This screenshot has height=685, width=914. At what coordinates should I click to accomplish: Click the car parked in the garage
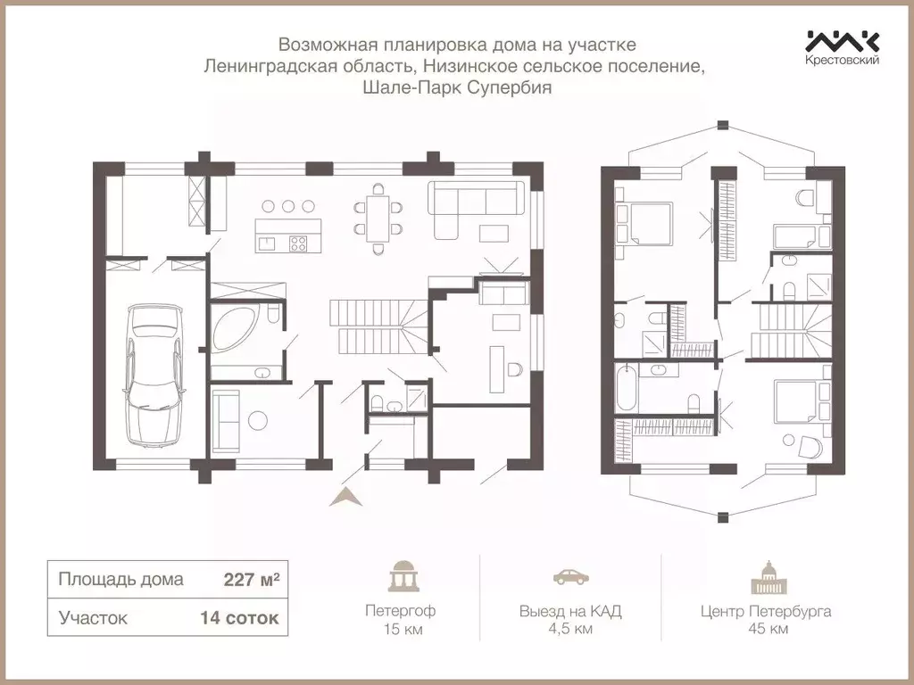154,374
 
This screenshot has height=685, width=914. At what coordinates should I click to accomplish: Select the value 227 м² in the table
251,580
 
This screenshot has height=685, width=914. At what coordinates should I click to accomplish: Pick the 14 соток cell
239,617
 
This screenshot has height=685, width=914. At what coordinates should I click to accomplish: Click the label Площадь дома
120,580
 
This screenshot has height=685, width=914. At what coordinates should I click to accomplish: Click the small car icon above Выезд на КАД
570,577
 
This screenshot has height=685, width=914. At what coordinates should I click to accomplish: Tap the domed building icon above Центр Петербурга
765,577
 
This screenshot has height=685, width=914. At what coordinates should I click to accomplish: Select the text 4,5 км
570,629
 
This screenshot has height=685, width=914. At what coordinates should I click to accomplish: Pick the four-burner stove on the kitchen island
298,243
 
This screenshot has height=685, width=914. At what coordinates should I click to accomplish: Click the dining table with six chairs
378,219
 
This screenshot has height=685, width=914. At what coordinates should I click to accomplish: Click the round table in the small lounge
257,420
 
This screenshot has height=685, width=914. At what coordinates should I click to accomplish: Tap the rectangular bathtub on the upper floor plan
626,387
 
